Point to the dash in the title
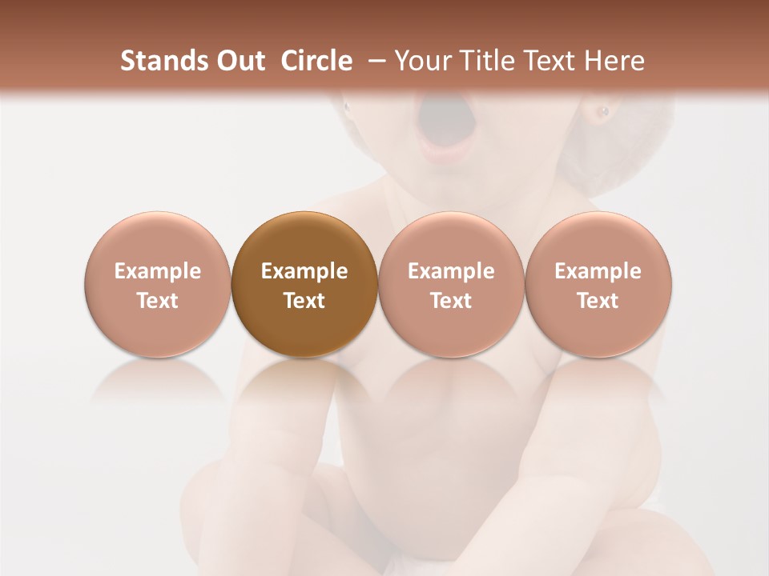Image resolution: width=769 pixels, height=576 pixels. pos(373,61)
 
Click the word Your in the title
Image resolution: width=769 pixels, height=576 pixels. pos(420,61)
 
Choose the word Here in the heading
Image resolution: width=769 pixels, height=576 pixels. pos(615,61)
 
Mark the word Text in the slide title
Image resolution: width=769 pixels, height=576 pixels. pos(548,61)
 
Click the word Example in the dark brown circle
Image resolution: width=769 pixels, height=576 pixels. pos(304,271)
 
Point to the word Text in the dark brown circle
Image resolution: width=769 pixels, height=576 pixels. pos(304,301)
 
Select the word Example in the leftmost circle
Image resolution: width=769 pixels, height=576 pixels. pos(158,271)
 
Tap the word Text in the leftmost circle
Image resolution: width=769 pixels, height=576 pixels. pos(158,301)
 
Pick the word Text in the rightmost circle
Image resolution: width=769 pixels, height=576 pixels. pos(598,301)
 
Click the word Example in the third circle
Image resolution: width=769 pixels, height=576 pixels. pos(451,271)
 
